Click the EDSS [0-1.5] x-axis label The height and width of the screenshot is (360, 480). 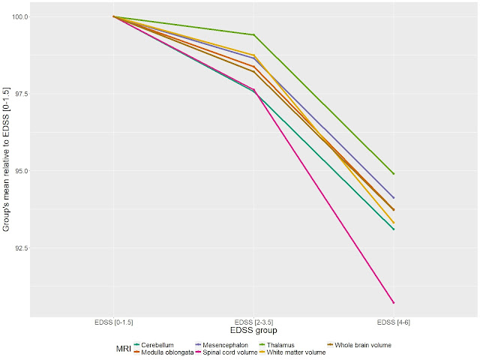pos(113,322)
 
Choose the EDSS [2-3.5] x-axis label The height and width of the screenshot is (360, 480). pos(254,322)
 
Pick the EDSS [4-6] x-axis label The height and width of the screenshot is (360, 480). pos(393,322)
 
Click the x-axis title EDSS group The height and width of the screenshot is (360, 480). pos(254,330)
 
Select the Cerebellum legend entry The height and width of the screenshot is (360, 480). pos(158,345)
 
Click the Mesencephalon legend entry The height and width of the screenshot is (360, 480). pos(225,345)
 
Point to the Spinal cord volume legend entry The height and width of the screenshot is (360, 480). pos(229,352)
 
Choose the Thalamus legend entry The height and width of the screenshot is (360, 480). pos(282,345)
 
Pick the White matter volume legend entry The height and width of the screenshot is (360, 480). pos(296,352)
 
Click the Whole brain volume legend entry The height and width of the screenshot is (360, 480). pos(364,345)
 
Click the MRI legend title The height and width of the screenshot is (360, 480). pos(124,349)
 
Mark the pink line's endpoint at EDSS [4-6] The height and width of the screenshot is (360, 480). pos(394,303)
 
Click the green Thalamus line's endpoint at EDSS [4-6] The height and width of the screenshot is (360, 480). pos(394,174)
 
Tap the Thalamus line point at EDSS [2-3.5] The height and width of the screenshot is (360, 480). pos(254,34)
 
